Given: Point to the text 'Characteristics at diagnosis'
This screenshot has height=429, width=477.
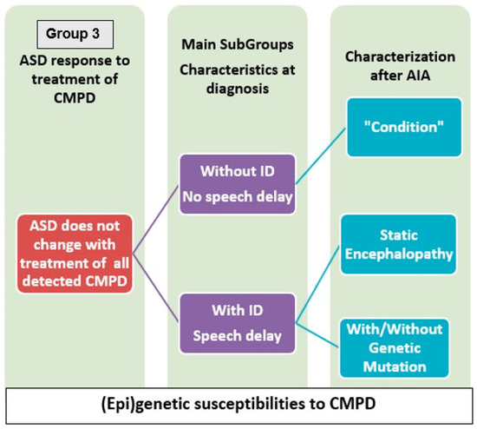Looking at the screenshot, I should point(238,76).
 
